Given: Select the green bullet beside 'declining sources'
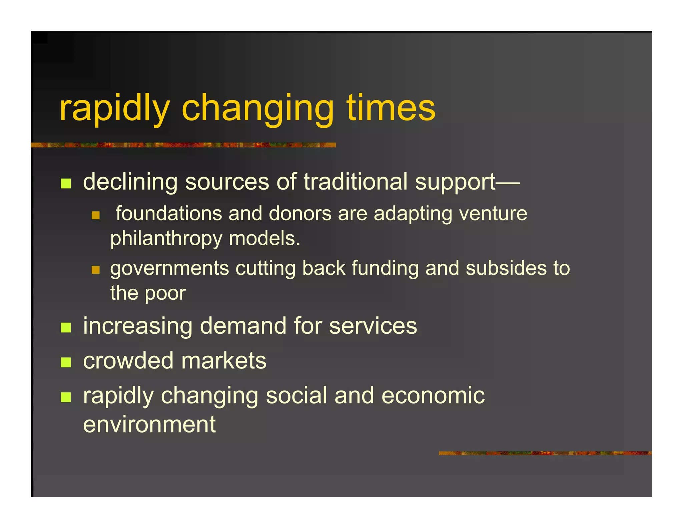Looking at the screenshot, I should click(66, 183).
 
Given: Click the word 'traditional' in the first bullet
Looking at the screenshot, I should click(356, 182).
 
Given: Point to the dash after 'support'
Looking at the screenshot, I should click(508, 183).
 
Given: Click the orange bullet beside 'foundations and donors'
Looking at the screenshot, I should click(96, 215).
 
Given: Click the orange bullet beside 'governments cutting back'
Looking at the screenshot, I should click(96, 270).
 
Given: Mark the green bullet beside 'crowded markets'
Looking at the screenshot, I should click(66, 362).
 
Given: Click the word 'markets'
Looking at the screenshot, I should click(224, 361).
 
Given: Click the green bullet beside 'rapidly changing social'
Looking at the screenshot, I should click(66, 397).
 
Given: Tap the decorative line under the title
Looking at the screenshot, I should click(183, 145).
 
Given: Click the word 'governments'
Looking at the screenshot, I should click(170, 269).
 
